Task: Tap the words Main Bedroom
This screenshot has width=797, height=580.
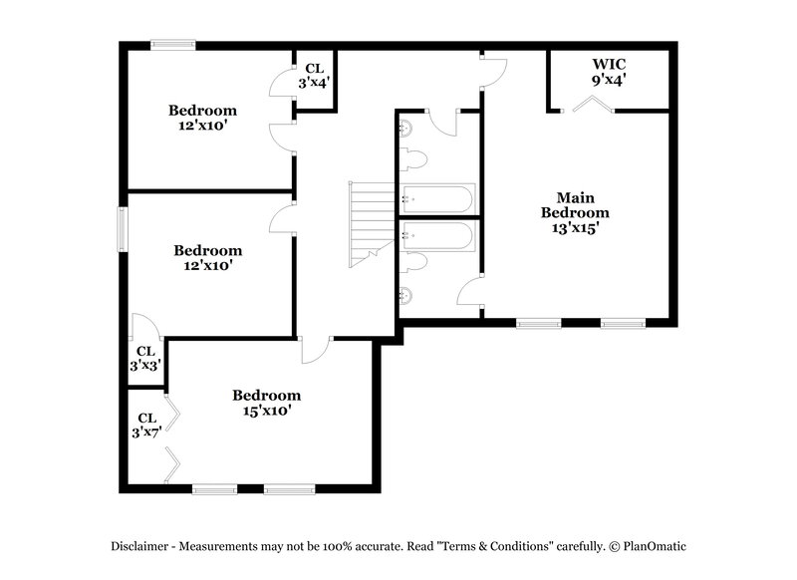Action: click(x=575, y=204)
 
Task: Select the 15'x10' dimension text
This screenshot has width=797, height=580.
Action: click(x=266, y=410)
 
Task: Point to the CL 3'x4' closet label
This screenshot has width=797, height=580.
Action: click(x=316, y=76)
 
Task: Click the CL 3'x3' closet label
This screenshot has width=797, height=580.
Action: click(x=144, y=359)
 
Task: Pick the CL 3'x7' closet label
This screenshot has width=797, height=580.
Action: click(x=145, y=426)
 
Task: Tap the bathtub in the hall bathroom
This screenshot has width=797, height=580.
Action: click(x=437, y=197)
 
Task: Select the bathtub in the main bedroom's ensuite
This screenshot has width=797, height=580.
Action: click(x=437, y=237)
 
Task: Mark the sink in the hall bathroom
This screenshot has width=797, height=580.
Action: click(x=405, y=128)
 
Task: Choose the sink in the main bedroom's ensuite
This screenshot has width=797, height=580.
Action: click(x=405, y=295)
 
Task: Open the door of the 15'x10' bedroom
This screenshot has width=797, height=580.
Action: click(x=317, y=350)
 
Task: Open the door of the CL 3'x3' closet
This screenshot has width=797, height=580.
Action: click(x=143, y=328)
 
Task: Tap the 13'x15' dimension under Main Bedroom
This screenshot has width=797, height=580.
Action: click(x=575, y=227)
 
